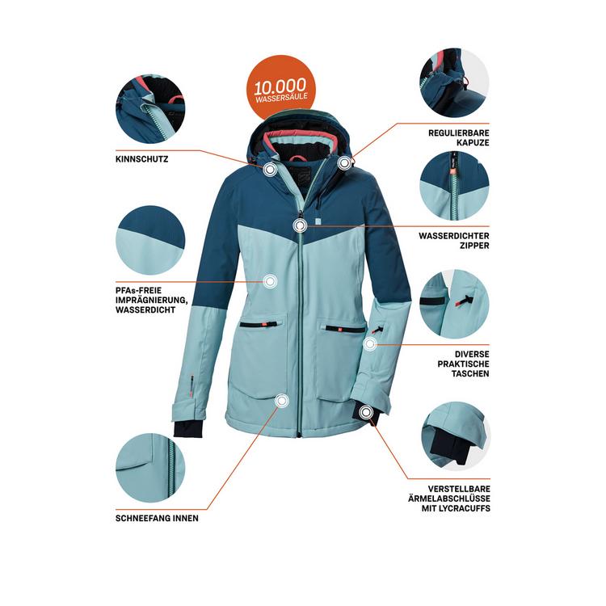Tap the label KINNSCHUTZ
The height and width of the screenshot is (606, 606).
142,159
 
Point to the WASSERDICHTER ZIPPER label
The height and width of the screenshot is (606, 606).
453,240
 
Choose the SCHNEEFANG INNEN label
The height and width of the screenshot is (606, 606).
157,518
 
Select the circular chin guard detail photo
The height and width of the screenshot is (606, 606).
150,110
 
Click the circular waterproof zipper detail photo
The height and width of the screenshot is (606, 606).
453,185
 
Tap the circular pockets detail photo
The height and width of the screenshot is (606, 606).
453,303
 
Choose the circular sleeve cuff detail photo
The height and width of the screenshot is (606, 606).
454,437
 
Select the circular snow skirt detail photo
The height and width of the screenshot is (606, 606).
150,467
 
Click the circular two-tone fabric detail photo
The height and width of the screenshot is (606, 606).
150,240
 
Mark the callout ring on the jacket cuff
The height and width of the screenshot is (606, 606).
368,414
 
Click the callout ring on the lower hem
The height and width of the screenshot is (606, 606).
281,400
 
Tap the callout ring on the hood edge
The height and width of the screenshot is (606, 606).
345,162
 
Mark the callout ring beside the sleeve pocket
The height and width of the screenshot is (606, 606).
370,344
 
